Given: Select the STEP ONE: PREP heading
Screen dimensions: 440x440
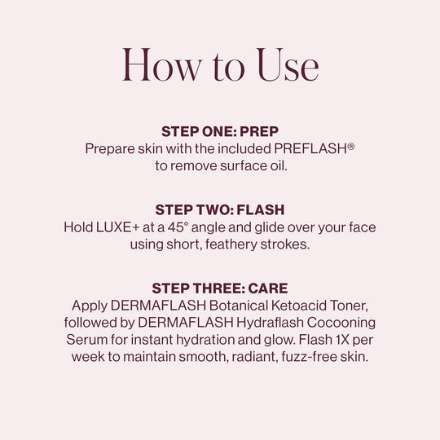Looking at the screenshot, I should click(219, 132).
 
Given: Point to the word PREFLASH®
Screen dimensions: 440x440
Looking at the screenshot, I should click(315, 149).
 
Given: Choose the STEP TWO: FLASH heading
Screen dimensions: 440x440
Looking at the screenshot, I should click(219, 211).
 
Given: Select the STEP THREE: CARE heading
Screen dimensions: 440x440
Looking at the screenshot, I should click(219, 289).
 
